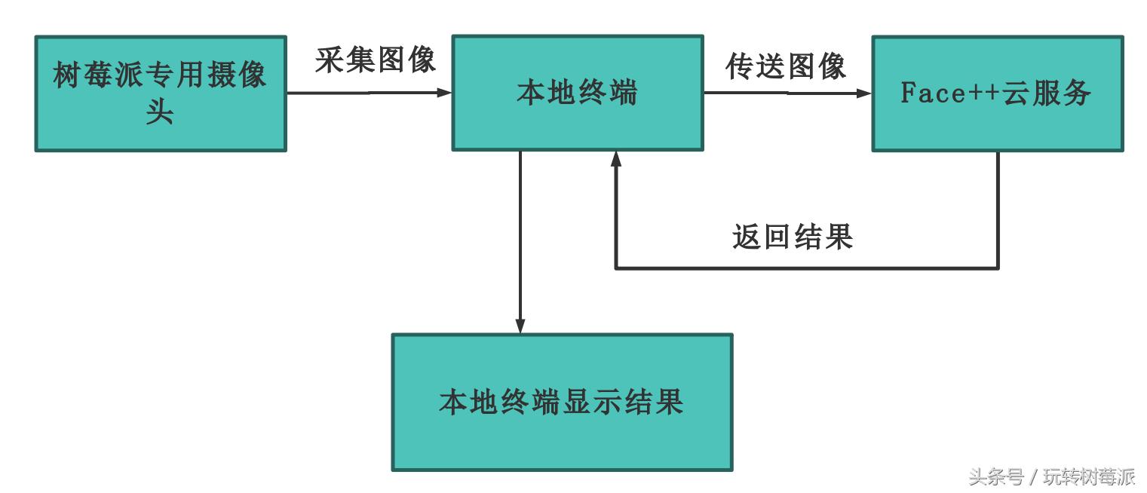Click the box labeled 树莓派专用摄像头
[x=160, y=93]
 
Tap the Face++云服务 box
[x=997, y=93]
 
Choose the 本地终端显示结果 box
[x=561, y=402]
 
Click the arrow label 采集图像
[x=376, y=60]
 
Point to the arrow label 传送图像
[x=786, y=66]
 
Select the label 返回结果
[x=793, y=237]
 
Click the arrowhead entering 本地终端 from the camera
[x=445, y=93]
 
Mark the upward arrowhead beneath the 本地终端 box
[x=616, y=159]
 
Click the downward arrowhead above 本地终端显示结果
[x=520, y=325]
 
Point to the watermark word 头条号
[x=996, y=476]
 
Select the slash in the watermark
[x=1033, y=477]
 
